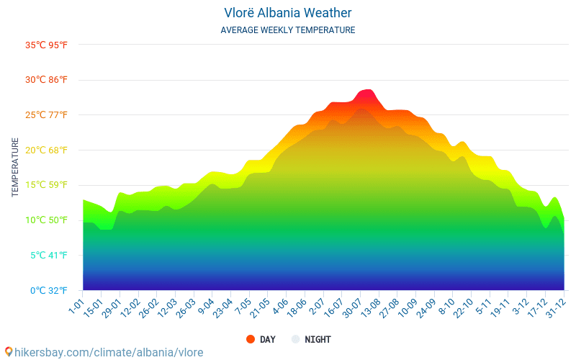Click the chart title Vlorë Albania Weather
click(x=287, y=13)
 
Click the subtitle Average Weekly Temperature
click(x=287, y=30)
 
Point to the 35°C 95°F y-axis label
click(x=47, y=45)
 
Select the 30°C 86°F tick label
click(x=47, y=80)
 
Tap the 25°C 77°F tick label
click(x=47, y=115)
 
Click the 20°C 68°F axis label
click(x=47, y=150)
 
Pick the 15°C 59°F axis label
click(x=47, y=185)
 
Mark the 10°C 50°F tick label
click(x=47, y=220)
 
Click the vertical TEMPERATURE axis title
click(x=15, y=168)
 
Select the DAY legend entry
click(x=260, y=339)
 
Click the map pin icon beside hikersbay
click(x=9, y=351)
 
